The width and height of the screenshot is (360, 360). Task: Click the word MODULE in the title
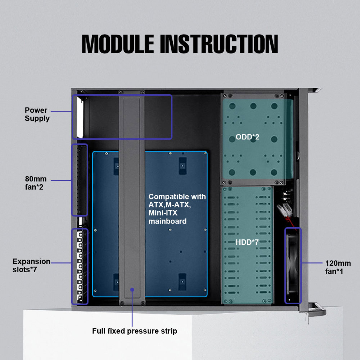[x=118, y=44]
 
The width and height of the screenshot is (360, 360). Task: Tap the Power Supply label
[x=37, y=114]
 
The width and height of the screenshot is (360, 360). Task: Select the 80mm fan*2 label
[x=36, y=183]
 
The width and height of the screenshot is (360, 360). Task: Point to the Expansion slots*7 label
[x=31, y=265]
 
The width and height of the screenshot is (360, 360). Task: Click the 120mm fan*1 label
[x=338, y=267]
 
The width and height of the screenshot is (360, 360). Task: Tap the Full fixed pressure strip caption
[x=135, y=331]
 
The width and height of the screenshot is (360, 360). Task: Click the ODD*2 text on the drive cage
[x=247, y=137]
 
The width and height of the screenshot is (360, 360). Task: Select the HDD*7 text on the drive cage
[x=247, y=242]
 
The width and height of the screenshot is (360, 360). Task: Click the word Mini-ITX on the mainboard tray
[x=163, y=213]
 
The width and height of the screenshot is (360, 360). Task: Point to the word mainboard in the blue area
[x=167, y=221]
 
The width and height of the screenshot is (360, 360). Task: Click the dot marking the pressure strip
[x=132, y=290]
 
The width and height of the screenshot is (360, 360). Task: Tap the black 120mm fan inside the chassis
[x=293, y=265]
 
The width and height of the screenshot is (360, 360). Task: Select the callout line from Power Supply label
[x=61, y=112]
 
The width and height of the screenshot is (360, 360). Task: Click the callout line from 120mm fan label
[x=312, y=263]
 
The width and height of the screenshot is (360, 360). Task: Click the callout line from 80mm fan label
[x=61, y=180]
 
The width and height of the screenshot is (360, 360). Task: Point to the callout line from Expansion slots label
[x=61, y=263]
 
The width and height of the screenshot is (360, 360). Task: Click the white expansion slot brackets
[x=80, y=266]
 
